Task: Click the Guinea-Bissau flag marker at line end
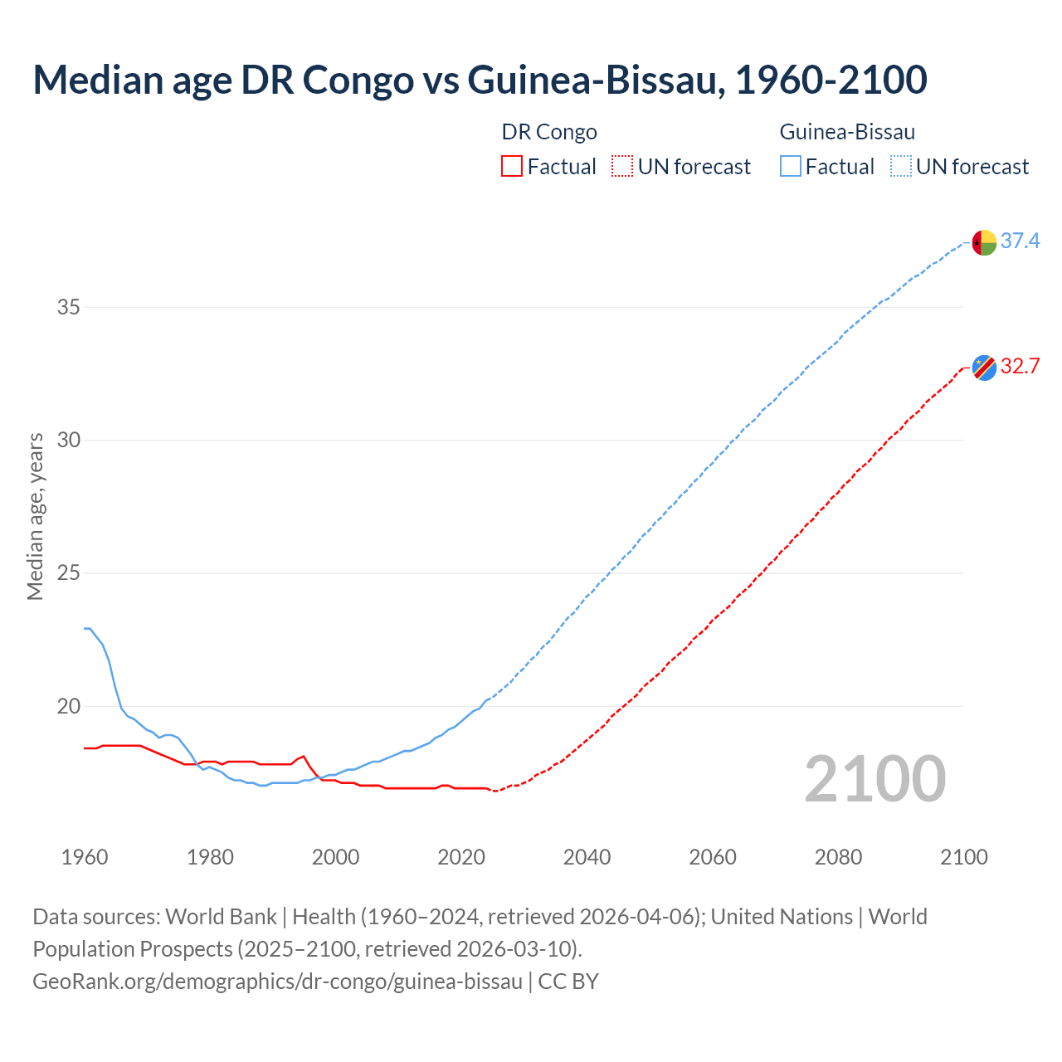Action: [x=984, y=243]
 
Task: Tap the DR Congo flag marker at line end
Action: [x=984, y=367]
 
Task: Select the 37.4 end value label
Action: [x=1020, y=241]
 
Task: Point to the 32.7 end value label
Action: [x=1020, y=367]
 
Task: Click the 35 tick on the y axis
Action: [x=69, y=308]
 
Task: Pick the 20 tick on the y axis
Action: [x=69, y=707]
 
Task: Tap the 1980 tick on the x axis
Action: [x=210, y=857]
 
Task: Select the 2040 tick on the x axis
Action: [x=587, y=857]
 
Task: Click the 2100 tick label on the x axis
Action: [x=963, y=857]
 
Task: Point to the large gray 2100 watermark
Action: [x=874, y=779]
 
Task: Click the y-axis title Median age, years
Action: [x=35, y=516]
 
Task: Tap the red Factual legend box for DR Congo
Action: [x=512, y=167]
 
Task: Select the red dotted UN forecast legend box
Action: [x=622, y=167]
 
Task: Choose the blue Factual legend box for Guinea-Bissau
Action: [x=791, y=167]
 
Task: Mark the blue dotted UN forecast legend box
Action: [x=901, y=167]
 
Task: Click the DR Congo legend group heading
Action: [x=549, y=132]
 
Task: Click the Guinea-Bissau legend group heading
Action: [x=847, y=132]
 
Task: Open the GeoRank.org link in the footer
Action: [x=277, y=982]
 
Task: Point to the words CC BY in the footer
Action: [x=568, y=982]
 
